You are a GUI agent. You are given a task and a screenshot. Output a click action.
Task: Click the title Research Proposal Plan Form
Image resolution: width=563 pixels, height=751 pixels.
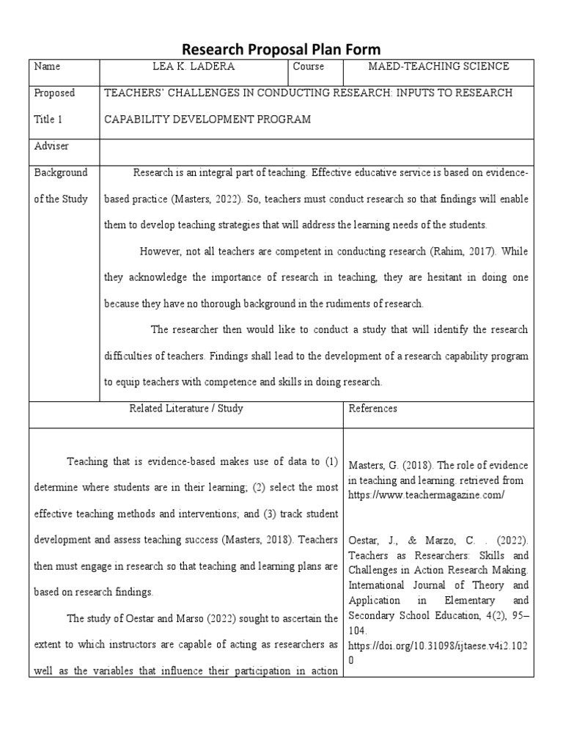point(281,49)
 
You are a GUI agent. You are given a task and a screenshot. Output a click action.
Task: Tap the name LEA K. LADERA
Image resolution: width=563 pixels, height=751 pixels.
point(193,67)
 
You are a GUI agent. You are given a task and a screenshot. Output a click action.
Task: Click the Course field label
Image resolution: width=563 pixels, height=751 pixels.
point(308,67)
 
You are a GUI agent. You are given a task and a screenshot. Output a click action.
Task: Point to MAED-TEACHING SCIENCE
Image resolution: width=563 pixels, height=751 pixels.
point(438,67)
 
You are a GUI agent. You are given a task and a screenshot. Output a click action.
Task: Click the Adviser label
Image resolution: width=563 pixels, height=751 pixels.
point(51,146)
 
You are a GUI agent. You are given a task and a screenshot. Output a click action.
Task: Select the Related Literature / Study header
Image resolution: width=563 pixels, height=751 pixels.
point(186,409)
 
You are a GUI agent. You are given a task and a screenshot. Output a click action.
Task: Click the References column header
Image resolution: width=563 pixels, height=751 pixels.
point(373,409)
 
